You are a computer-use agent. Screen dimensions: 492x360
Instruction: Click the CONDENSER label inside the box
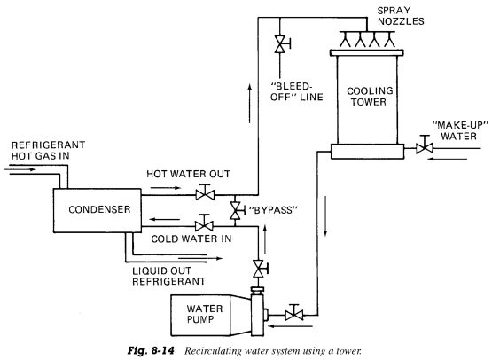(99, 209)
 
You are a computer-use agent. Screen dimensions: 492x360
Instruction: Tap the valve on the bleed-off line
(281, 44)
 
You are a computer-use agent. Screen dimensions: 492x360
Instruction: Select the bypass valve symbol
(236, 210)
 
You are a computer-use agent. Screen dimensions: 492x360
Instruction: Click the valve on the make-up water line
(425, 146)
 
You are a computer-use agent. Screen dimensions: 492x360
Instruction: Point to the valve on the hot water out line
(205, 193)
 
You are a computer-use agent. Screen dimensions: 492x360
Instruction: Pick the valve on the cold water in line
(204, 223)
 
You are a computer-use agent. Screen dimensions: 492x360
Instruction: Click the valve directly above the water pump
(260, 269)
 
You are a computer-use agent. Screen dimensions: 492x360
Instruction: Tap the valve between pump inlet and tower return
(294, 313)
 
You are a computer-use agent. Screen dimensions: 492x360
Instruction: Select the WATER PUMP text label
(205, 314)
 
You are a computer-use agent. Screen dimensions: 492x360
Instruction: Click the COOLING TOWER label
(370, 96)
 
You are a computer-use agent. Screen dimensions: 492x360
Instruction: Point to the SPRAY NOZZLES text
(401, 16)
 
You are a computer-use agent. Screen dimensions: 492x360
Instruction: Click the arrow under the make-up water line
(448, 159)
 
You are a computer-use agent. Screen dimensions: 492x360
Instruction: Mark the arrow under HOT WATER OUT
(166, 188)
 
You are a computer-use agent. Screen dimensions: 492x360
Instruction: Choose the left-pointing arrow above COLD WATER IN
(165, 219)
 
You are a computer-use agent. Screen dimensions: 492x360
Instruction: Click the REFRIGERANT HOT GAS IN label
(48, 151)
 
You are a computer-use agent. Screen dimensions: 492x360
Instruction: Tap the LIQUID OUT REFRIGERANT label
(168, 276)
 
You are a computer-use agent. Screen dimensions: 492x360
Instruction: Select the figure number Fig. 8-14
(151, 350)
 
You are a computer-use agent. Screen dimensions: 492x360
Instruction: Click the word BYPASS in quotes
(273, 210)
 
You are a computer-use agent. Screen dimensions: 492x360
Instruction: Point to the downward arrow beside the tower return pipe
(325, 216)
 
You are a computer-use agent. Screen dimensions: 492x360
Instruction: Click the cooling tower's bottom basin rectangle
(367, 152)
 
